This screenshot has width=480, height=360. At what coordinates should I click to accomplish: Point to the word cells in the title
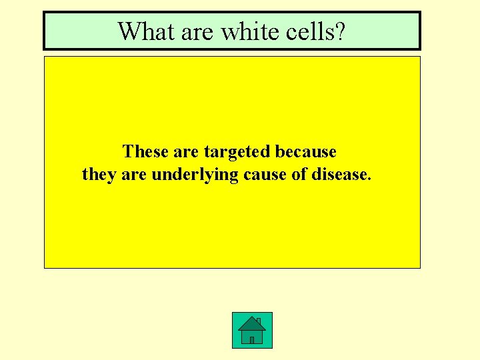click(x=302, y=31)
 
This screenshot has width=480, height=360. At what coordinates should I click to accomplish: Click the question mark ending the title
click(x=339, y=31)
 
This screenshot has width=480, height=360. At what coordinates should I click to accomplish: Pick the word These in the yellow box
click(x=145, y=152)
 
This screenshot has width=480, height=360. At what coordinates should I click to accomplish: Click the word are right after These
click(x=185, y=152)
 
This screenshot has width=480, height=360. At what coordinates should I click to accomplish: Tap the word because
click(x=306, y=152)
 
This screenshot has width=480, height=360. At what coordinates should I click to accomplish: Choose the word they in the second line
click(x=98, y=175)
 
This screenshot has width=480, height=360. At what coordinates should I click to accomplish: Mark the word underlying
click(x=192, y=175)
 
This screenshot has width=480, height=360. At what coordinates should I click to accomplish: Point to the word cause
click(x=261, y=175)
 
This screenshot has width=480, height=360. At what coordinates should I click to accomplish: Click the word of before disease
click(x=297, y=175)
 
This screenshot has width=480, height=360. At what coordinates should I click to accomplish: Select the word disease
click(x=340, y=175)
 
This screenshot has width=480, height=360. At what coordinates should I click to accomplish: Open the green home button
click(x=252, y=330)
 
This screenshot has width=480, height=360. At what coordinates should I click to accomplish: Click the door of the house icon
click(x=252, y=339)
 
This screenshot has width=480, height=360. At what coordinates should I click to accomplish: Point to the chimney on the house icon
click(x=258, y=321)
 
